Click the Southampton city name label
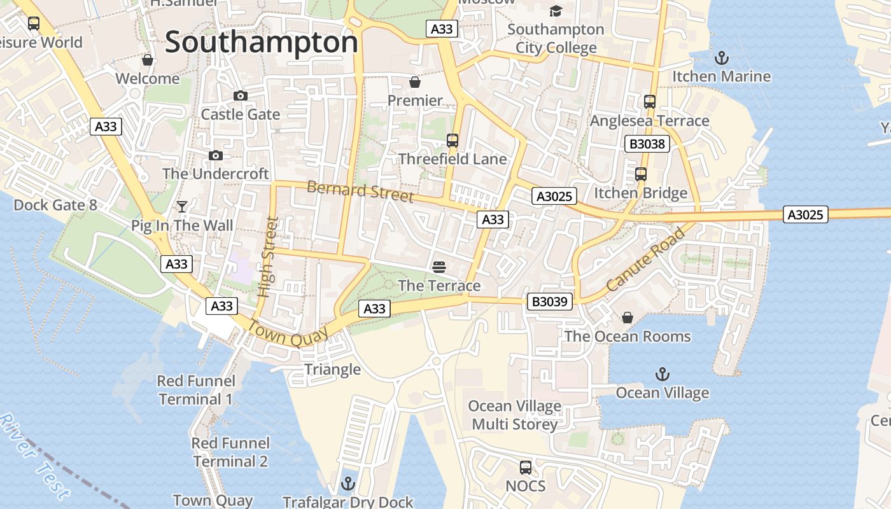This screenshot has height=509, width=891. [x=262, y=43]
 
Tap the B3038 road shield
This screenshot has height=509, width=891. [x=647, y=144]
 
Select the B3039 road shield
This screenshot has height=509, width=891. [x=549, y=301]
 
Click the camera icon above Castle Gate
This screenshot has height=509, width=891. [x=241, y=96]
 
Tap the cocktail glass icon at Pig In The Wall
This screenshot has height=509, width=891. [x=182, y=207]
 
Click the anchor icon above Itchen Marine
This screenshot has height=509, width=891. [x=721, y=59]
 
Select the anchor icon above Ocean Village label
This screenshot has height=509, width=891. [x=663, y=374]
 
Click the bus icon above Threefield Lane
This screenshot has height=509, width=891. [x=453, y=141]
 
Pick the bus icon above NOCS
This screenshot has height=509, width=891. [x=526, y=468]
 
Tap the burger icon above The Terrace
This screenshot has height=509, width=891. [x=439, y=267]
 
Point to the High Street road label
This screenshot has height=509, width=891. [x=269, y=257]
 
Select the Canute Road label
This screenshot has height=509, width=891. [x=645, y=260]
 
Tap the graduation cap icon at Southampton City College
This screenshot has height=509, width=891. [x=556, y=11]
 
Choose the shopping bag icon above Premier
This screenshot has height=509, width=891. [x=415, y=82]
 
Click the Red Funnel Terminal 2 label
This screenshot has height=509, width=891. [x=230, y=452]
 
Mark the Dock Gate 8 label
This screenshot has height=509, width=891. [x=55, y=205]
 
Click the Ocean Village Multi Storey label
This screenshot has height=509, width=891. [x=514, y=415]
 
